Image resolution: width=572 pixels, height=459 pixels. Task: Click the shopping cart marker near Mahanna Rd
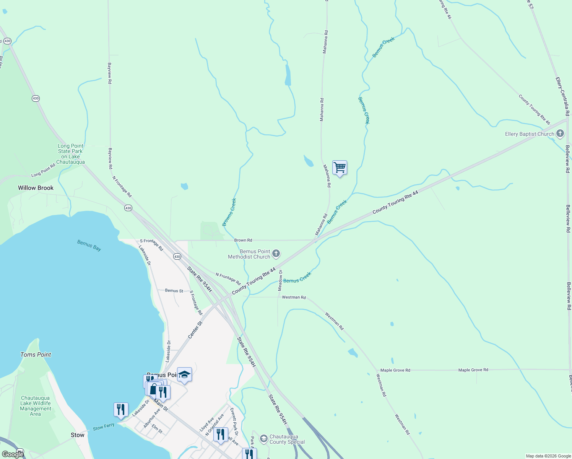(x=340, y=168)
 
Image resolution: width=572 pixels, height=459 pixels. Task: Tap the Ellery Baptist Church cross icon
(x=560, y=134)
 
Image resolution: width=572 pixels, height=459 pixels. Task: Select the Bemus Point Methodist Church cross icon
(x=276, y=254)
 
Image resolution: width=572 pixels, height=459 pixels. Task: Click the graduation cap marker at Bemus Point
(x=184, y=375)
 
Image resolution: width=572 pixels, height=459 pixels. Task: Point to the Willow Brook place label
(x=36, y=188)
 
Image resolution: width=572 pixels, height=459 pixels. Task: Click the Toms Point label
(x=36, y=355)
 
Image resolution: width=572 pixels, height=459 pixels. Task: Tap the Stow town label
(x=77, y=435)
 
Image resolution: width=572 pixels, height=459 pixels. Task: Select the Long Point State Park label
(x=70, y=154)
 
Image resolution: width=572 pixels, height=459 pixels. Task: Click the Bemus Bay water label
(x=89, y=246)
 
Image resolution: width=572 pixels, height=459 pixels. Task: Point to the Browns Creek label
(x=229, y=212)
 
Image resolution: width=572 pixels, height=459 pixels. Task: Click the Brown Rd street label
(x=243, y=240)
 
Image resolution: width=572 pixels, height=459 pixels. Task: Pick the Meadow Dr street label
(x=280, y=280)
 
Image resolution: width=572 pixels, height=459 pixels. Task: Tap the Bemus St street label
(x=174, y=291)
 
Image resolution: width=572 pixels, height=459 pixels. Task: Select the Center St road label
(x=195, y=330)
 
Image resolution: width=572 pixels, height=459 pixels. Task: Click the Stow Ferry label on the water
(x=104, y=427)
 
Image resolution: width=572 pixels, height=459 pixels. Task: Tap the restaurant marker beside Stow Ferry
(x=121, y=410)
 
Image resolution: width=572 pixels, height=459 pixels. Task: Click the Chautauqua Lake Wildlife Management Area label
(x=36, y=406)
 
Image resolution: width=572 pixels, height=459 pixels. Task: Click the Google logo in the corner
(x=12, y=454)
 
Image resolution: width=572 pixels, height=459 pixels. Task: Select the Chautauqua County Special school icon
(x=263, y=439)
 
